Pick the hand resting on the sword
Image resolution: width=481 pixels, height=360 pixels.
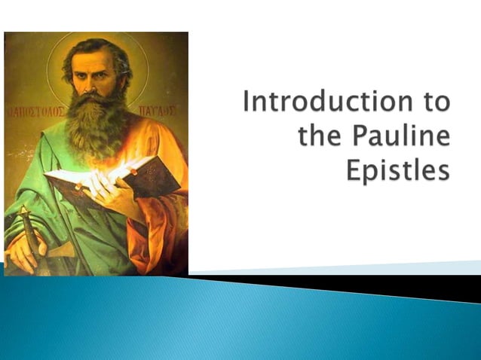(x=26, y=252)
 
